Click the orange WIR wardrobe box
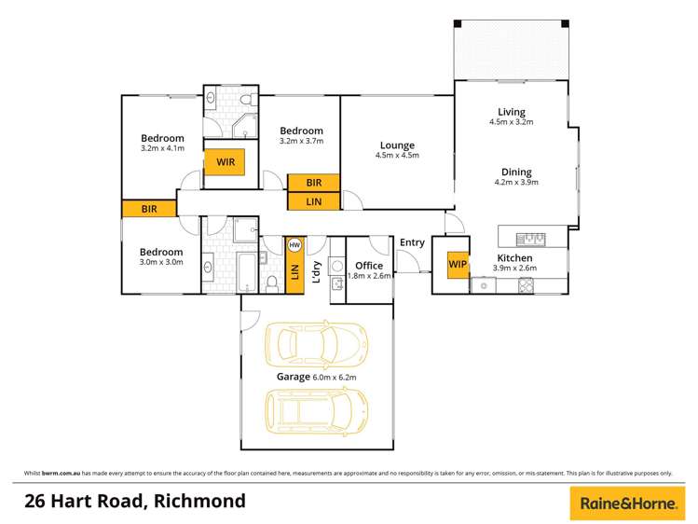coord(225,162)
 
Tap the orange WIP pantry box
coord(458,265)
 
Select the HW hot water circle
coord(294,245)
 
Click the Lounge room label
coord(397,145)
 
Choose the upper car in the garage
coord(317,343)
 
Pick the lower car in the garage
coord(317,409)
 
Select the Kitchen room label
coord(514,258)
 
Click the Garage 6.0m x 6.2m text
coord(317,377)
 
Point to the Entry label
coord(412,242)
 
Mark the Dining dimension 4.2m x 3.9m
coord(516,183)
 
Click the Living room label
coord(512,112)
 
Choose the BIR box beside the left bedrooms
coord(149,209)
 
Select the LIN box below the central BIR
coord(314,200)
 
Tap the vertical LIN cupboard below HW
coord(294,271)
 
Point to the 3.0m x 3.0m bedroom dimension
coord(161,262)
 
